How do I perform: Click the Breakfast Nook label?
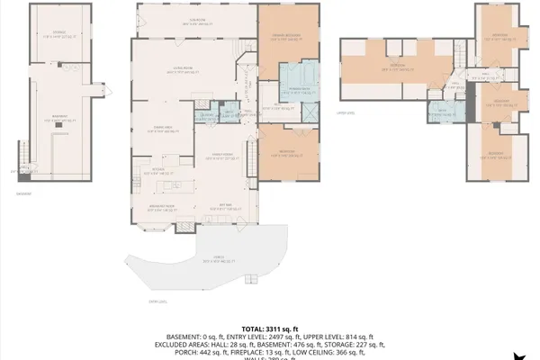(162, 208)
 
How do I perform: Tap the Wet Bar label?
(227, 208)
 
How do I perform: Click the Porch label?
(212, 259)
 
